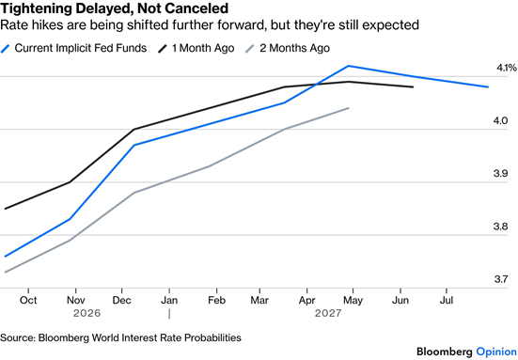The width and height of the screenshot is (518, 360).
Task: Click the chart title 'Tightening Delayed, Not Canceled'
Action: (115, 8)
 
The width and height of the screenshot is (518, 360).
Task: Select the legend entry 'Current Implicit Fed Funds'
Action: (81, 48)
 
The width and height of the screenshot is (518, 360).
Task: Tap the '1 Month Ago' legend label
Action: (203, 48)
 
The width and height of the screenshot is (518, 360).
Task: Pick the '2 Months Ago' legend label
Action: (294, 48)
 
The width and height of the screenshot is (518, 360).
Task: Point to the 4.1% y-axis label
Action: (507, 68)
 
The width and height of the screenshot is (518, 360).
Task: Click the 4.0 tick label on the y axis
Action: (500, 120)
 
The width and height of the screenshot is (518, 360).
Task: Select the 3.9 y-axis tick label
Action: (500, 173)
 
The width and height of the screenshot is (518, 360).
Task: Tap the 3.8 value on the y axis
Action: (500, 227)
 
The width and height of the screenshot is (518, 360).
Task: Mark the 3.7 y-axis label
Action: (500, 279)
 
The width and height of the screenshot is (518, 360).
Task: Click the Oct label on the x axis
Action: (28, 300)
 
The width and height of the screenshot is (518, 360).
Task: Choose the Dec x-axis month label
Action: (122, 300)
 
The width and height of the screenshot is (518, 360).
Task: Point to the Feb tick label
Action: (217, 300)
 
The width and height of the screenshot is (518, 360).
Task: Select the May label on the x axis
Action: (353, 301)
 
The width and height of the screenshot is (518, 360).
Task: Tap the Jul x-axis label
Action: (447, 300)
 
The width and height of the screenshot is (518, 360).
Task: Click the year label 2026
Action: (86, 313)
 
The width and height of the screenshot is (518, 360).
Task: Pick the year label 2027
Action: (328, 313)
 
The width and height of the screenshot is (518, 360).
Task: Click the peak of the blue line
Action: (349, 66)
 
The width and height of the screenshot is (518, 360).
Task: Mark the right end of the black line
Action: (413, 86)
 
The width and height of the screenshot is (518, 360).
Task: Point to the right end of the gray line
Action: (349, 108)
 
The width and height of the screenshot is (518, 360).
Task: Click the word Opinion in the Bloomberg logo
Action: (496, 352)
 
